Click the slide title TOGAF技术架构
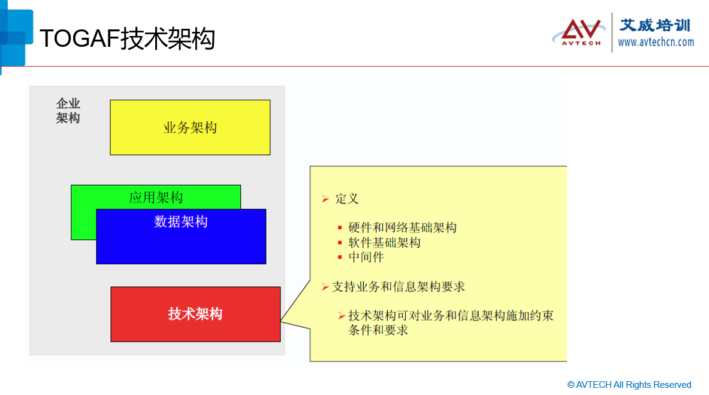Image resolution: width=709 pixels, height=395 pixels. tap(127, 40)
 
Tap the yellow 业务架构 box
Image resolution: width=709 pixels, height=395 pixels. tap(190, 127)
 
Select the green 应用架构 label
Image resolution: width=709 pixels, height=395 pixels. tap(156, 197)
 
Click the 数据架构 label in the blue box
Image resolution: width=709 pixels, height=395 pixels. tap(181, 222)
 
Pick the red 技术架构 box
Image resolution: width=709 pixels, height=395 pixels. tap(195, 314)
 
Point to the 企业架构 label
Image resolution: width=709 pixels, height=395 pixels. tap(68, 111)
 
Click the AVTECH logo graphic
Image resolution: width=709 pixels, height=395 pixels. tap(576, 32)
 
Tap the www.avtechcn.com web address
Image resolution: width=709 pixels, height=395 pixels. tap(656, 42)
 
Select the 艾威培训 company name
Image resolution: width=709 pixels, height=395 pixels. tap(654, 25)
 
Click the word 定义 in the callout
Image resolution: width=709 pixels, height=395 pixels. tap(347, 199)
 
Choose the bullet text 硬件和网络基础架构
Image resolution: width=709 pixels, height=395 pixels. tap(402, 228)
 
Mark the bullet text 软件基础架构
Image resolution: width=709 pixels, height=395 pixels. tap(384, 243)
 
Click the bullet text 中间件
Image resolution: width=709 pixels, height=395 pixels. tap(366, 257)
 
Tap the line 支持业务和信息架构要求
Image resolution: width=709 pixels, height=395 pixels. tap(399, 287)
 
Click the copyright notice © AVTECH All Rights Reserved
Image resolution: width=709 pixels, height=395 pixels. tap(629, 385)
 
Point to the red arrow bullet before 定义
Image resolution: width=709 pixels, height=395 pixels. tap(325, 199)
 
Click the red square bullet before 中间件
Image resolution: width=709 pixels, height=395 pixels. tap(340, 258)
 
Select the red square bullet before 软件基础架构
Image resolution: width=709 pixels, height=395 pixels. tap(340, 243)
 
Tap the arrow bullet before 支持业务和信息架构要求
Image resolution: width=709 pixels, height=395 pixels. tap(325, 287)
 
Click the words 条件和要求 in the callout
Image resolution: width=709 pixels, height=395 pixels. tap(378, 330)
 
